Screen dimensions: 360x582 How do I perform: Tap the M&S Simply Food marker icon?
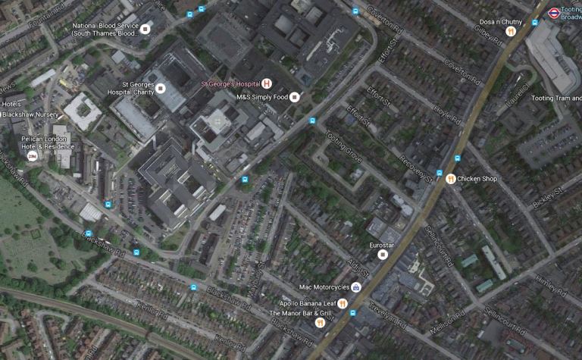[295, 97]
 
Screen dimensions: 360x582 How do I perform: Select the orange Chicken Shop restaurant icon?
[451, 179]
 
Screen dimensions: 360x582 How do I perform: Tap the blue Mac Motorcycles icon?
[356, 288]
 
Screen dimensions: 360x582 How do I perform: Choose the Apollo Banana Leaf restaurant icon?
[343, 304]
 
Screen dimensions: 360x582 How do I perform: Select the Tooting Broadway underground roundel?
[554, 12]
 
